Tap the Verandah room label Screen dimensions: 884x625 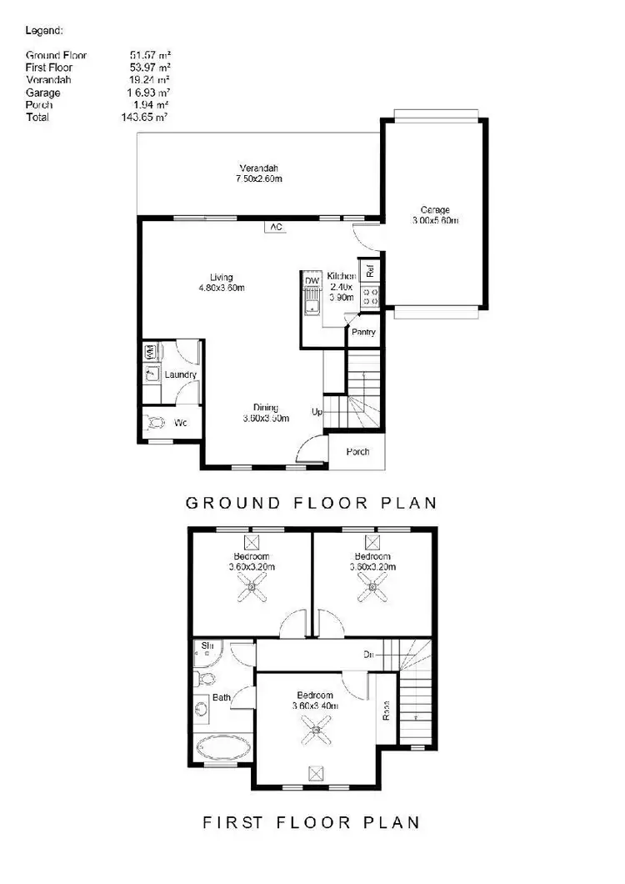coord(256,164)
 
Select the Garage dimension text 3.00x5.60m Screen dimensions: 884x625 coord(435,221)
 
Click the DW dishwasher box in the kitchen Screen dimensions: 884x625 coord(311,281)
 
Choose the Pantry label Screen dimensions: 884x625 coord(363,332)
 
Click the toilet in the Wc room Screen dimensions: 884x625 coord(155,423)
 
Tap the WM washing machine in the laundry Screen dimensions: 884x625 coord(151,352)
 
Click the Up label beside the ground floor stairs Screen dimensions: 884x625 coord(317,412)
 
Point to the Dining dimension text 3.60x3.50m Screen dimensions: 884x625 coord(266,418)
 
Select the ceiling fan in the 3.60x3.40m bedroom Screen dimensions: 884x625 coord(314,733)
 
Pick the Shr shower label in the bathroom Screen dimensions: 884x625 coord(204,645)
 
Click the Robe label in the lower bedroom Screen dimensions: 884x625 coord(386,711)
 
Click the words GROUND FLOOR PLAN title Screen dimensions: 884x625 coord(310,502)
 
